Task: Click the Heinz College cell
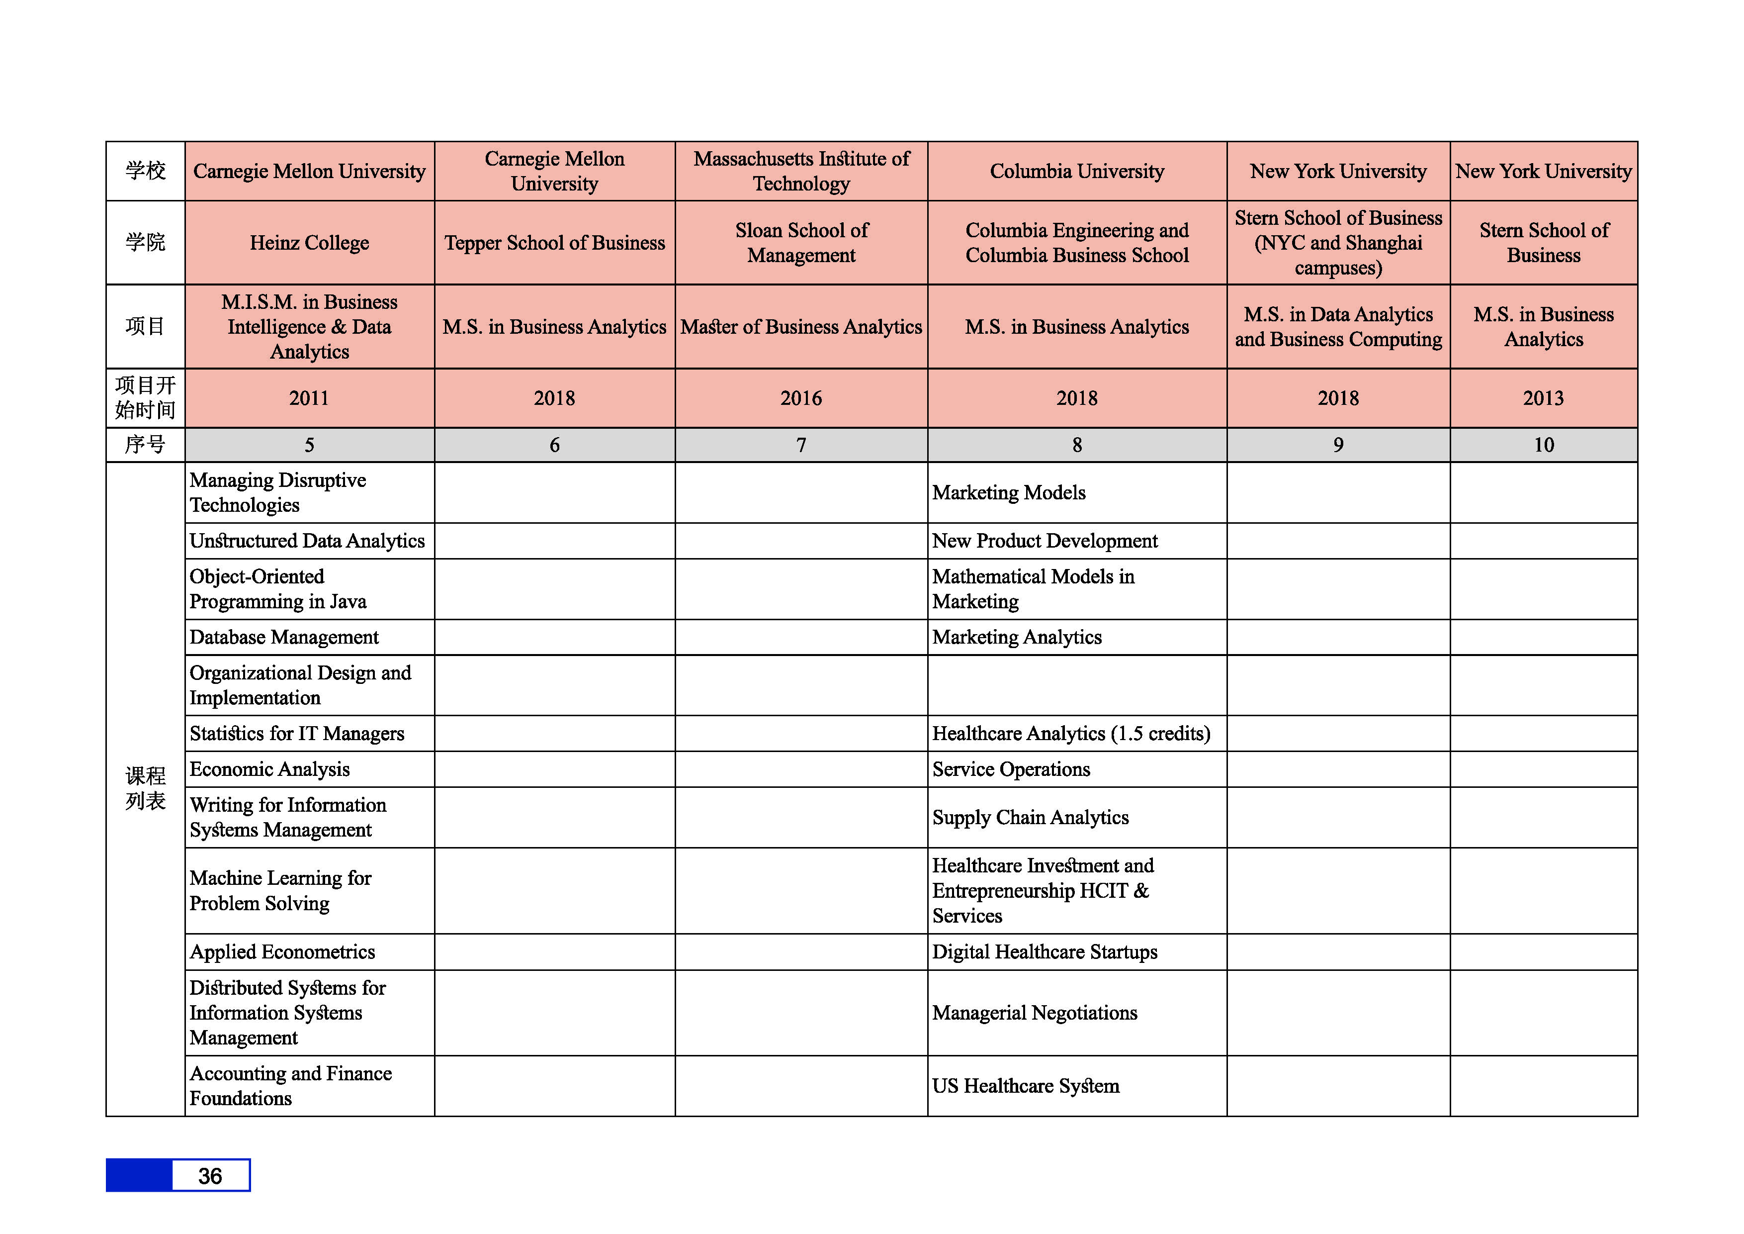309,243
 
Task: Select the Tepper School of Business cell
554,243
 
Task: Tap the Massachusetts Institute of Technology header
801,171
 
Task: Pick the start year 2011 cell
309,398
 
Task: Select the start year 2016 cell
801,398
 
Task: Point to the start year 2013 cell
1544,398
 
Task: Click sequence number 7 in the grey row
801,445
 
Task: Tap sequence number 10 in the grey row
1544,445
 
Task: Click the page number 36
210,1176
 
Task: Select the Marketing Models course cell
1009,493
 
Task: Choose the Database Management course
284,638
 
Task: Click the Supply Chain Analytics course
1030,818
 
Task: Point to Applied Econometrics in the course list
282,952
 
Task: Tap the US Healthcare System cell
1026,1087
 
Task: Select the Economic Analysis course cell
269,770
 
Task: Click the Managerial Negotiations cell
1035,1013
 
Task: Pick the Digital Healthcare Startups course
1045,952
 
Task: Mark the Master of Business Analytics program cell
801,327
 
